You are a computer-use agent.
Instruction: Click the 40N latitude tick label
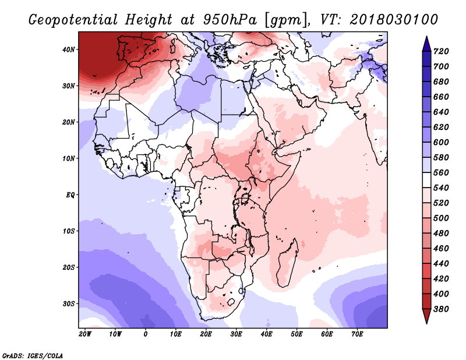tap(68, 50)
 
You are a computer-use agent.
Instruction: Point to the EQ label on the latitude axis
tap(70, 195)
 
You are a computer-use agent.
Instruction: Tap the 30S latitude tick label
tap(68, 304)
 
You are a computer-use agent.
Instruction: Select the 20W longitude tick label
tap(85, 334)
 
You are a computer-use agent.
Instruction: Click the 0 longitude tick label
tap(145, 334)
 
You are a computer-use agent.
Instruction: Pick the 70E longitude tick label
tap(357, 334)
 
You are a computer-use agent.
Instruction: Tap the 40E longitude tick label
tap(266, 334)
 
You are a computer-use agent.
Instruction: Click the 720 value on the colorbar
tap(441, 51)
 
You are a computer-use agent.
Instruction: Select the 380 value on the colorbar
tap(441, 309)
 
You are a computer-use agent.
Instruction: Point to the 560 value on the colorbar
tap(441, 172)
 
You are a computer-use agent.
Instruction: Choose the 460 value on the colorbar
tap(441, 249)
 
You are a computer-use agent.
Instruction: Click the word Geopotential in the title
tap(73, 20)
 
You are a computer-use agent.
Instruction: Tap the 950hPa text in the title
tap(230, 20)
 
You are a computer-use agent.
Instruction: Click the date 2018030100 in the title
tap(394, 20)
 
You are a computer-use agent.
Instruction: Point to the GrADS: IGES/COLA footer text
tap(33, 356)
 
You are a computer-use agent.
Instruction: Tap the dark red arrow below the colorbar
tap(426, 316)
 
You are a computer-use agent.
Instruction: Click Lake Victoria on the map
tap(245, 198)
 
